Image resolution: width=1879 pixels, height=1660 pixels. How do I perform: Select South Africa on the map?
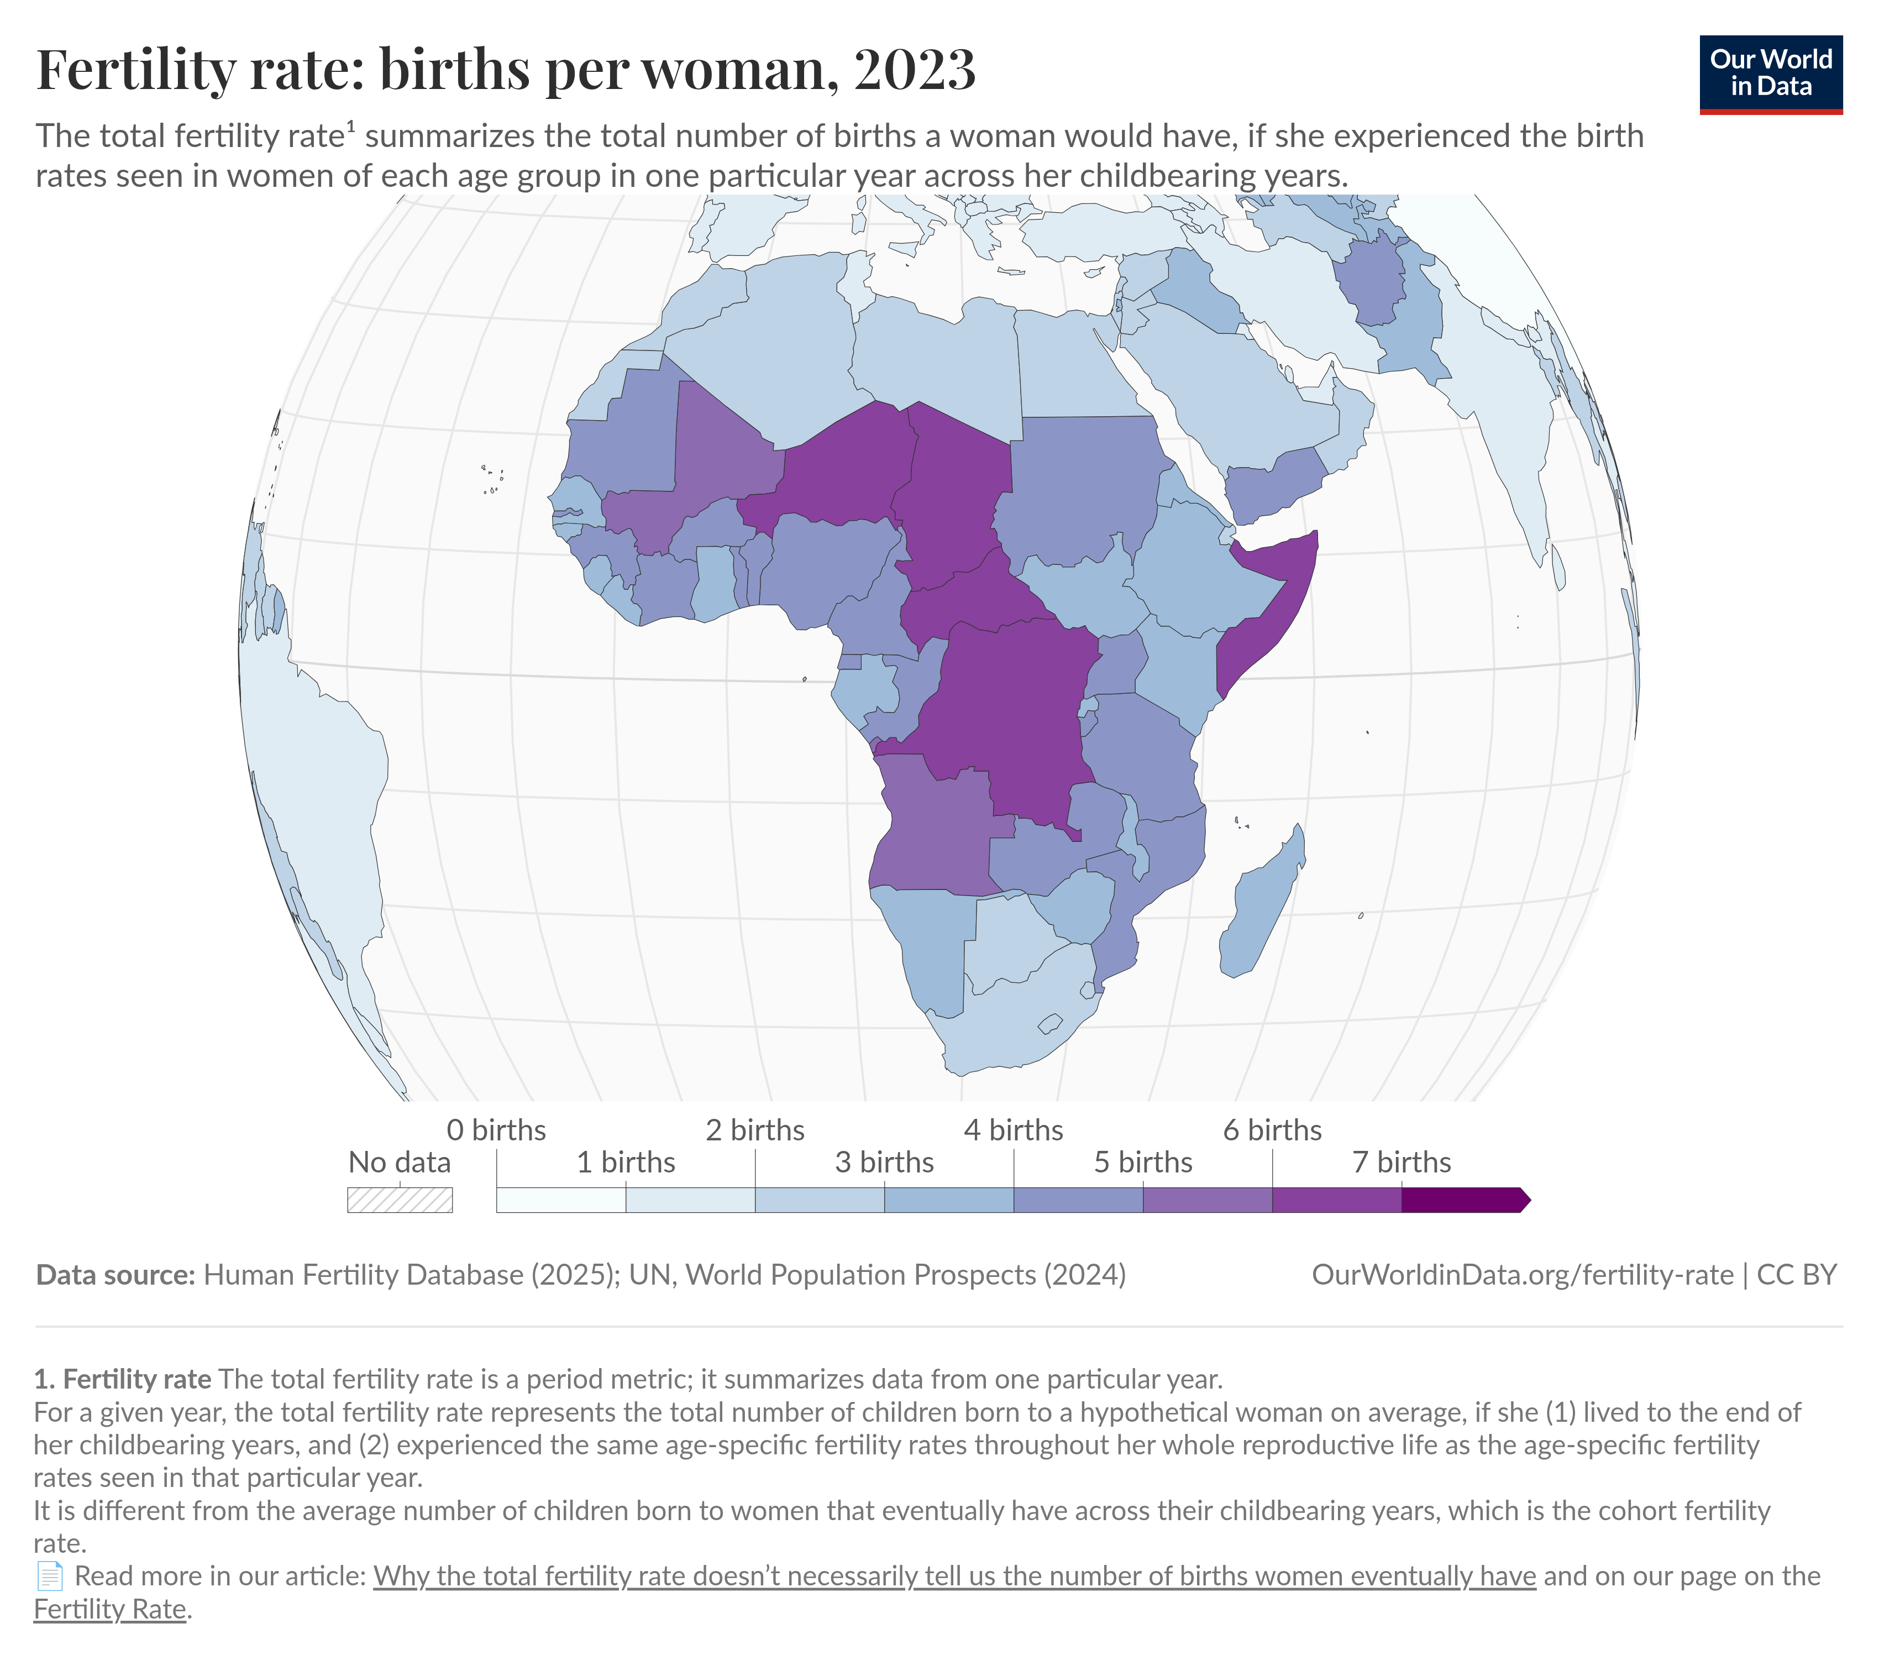pos(1011,1021)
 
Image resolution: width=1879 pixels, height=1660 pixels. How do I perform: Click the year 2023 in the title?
pos(915,69)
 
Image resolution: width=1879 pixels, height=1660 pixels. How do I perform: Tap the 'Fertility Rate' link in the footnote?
pos(111,1609)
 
